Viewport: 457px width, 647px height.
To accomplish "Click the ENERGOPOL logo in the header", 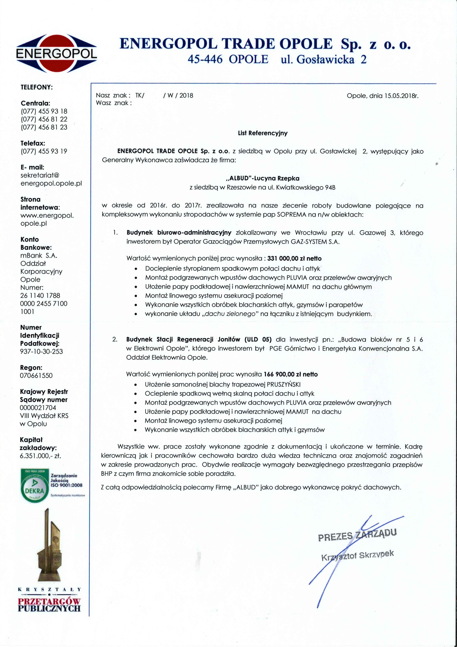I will [57, 54].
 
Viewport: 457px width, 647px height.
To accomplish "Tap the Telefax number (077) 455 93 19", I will [44, 151].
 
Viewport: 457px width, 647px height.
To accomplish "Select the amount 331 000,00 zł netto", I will [294, 258].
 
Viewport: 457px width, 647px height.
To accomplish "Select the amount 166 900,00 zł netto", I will [291, 374].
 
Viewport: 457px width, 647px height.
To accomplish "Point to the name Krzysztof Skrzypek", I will [357, 556].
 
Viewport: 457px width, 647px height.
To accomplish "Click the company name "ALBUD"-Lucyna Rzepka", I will [262, 178].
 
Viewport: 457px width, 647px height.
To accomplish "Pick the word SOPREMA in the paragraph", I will [291, 215].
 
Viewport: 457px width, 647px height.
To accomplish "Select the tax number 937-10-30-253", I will [41, 351].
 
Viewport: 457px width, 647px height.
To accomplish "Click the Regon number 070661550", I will [36, 375].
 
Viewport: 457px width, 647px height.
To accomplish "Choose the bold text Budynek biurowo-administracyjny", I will [179, 233].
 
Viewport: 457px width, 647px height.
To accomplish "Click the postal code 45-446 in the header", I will [205, 59].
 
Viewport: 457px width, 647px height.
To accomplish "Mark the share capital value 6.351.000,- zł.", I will [40, 456].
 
